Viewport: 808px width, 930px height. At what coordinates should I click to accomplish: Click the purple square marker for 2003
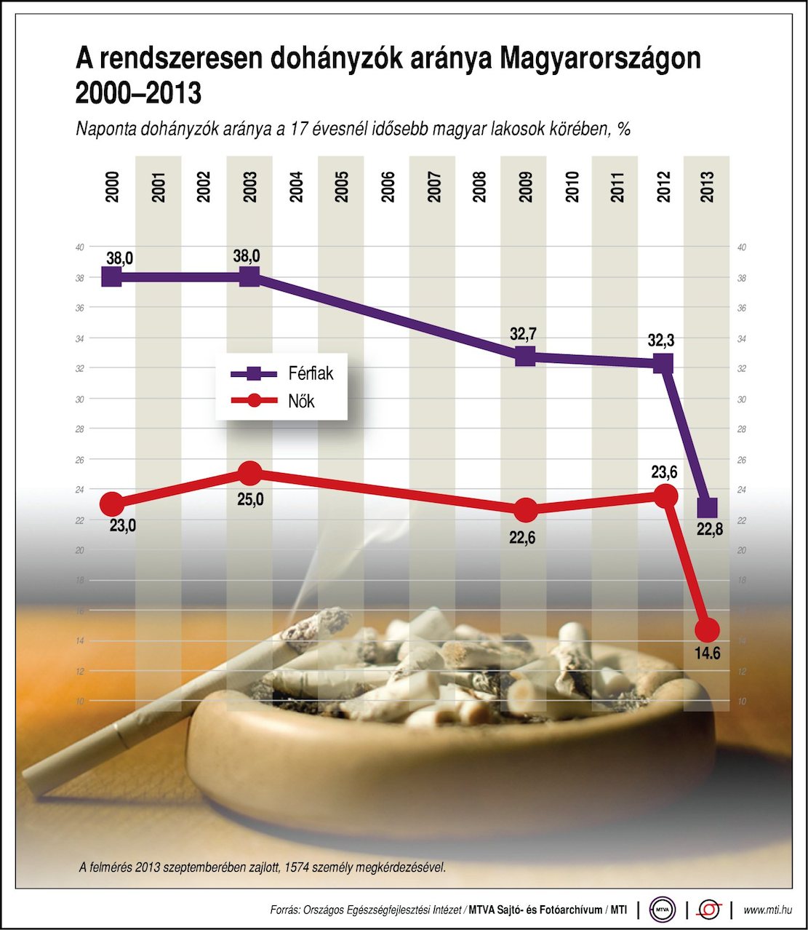coord(249,277)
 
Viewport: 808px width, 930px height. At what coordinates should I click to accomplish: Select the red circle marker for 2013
coord(707,629)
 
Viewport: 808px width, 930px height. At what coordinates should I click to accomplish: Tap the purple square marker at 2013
coord(707,507)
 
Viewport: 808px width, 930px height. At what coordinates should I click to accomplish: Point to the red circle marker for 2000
coord(111,503)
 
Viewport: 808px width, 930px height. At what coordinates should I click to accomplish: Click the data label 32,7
coord(523,334)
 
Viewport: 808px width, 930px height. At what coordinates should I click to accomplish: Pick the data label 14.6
coord(707,653)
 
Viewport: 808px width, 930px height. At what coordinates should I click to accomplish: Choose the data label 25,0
coord(250,500)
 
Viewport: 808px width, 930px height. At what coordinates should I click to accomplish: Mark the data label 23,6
coord(664,472)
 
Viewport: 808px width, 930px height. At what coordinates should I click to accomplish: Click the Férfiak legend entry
coord(311,373)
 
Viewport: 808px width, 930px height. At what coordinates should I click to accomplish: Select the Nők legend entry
coord(301,401)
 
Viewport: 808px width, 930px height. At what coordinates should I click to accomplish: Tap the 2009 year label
coord(525,187)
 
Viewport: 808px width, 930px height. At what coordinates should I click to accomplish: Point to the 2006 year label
coord(388,187)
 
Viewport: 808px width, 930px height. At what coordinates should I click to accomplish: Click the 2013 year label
coord(707,187)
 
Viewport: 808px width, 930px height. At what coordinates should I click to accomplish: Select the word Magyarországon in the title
coord(600,58)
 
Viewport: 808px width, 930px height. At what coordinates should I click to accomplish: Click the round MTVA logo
coord(663,910)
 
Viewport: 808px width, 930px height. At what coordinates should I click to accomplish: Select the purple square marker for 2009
coord(525,356)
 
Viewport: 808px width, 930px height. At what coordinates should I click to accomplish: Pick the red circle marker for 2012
coord(665,496)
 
